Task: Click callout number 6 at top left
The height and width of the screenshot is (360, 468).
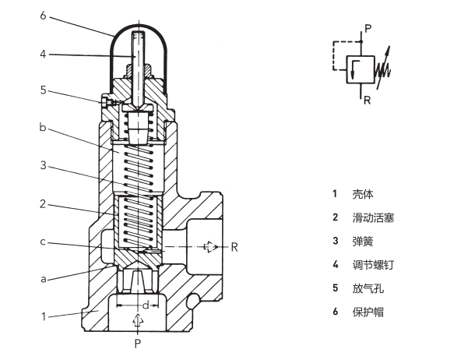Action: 44,15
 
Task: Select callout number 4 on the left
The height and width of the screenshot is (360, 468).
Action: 44,54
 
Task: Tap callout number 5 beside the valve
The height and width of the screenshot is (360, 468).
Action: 44,91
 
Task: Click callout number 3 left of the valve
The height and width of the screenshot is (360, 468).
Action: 44,165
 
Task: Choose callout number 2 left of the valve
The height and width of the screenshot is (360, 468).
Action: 44,205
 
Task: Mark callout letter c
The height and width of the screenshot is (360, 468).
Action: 44,243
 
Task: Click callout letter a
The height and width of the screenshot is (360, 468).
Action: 44,278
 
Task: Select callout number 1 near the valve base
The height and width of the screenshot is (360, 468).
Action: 44,316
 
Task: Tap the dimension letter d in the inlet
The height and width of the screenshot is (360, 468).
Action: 144,304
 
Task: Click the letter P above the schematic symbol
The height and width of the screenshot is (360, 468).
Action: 368,27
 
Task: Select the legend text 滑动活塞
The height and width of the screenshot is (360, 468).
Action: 373,217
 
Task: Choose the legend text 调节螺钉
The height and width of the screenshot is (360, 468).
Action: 373,265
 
